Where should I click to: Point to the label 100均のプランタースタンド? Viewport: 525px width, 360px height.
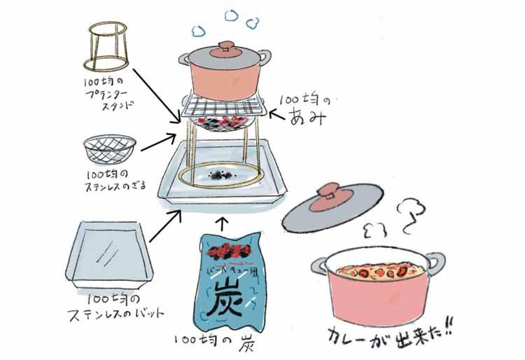(107, 97)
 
